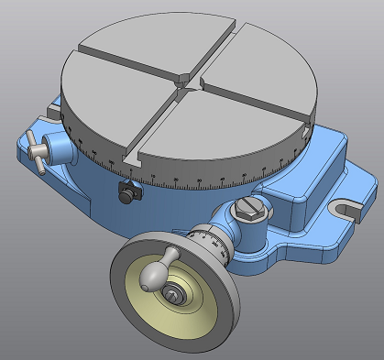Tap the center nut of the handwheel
coord(173,295)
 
